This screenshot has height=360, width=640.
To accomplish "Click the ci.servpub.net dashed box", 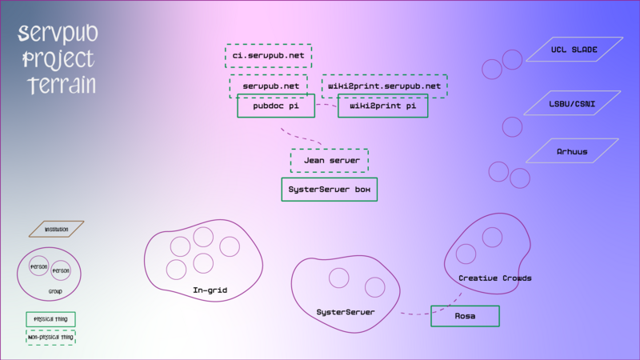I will click(268, 56).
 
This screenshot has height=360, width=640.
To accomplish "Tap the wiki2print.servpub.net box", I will click(384, 85).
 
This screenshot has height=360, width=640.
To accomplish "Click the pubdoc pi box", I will click(275, 106).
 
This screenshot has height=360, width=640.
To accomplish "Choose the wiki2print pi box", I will click(382, 106).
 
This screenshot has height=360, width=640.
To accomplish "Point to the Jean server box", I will click(330, 161).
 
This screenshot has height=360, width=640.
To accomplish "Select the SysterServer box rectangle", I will click(329, 190).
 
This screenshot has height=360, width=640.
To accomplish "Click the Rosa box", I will click(465, 316).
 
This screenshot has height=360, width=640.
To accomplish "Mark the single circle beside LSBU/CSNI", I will click(511, 126).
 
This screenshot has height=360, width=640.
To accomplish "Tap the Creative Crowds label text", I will click(495, 278).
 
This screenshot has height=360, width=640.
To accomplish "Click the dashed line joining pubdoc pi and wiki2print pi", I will click(326, 105).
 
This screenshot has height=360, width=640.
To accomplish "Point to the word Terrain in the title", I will click(61, 85).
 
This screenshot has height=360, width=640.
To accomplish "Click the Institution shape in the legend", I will click(56, 230).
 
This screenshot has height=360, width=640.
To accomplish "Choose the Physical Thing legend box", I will click(50, 319).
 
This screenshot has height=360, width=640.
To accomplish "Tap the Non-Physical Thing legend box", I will click(50, 338).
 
